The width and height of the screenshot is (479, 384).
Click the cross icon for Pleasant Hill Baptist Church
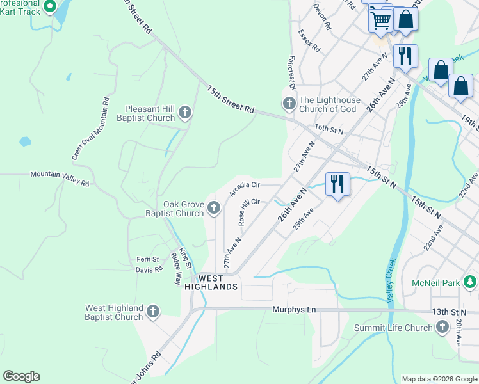click(x=185, y=113)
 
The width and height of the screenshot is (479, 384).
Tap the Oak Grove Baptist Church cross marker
click(x=214, y=208)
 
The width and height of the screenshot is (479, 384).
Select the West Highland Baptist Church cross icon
click(x=153, y=312)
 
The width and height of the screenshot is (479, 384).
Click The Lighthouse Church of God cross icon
click(x=289, y=104)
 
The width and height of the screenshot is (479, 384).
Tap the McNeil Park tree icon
click(x=470, y=282)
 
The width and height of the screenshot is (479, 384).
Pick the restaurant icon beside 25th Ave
click(x=337, y=184)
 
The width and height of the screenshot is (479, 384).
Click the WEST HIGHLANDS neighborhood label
click(x=211, y=283)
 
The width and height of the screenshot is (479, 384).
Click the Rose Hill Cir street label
click(x=248, y=211)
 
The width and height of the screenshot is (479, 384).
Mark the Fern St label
click(x=147, y=259)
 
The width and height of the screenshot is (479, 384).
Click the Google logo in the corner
click(x=21, y=376)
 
